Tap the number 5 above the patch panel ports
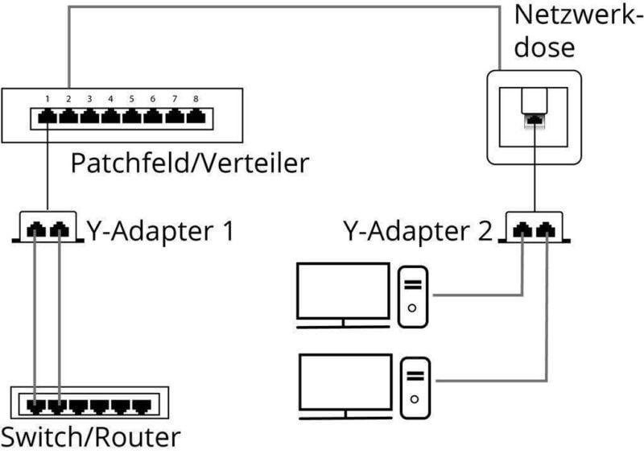click(x=131, y=99)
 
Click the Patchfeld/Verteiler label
click(x=190, y=163)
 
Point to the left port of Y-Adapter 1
click(x=37, y=230)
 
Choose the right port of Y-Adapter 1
click(x=58, y=230)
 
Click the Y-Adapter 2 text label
click(x=416, y=232)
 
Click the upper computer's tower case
click(x=413, y=295)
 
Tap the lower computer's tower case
click(x=415, y=386)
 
